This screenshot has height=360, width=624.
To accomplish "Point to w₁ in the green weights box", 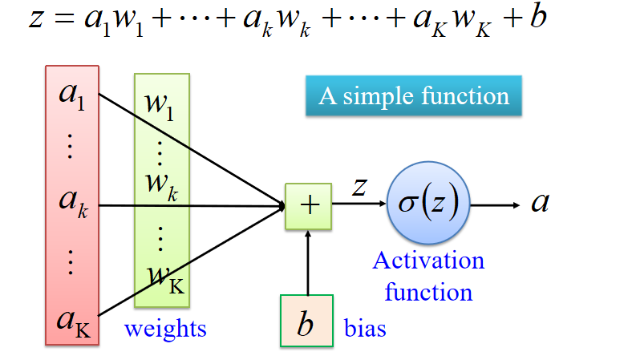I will pyautogui.click(x=160, y=103).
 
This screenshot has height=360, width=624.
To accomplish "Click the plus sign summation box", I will pyautogui.click(x=308, y=205).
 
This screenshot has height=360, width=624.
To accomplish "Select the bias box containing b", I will pyautogui.click(x=306, y=323).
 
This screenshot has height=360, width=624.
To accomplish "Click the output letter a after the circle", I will pyautogui.click(x=541, y=203).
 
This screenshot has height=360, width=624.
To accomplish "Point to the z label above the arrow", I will pyautogui.click(x=360, y=187).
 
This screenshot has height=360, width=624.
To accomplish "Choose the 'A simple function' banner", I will pyautogui.click(x=414, y=97).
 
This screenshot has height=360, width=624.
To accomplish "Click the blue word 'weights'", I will pyautogui.click(x=165, y=329).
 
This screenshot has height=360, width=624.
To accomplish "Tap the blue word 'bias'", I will pyautogui.click(x=365, y=329).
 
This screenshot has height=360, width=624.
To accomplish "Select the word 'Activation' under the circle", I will pyautogui.click(x=428, y=261).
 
